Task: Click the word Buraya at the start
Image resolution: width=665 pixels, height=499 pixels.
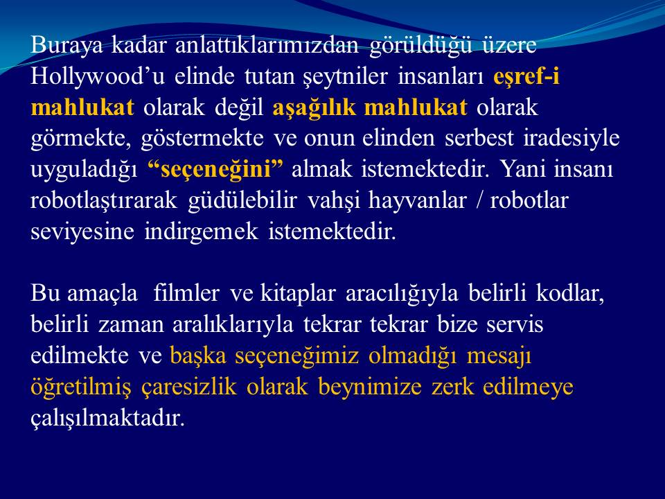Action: point(66,46)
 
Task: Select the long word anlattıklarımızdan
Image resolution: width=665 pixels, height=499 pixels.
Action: point(267,45)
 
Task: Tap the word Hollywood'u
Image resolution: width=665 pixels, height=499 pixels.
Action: point(98,77)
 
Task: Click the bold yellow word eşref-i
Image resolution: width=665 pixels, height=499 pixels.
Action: point(526,77)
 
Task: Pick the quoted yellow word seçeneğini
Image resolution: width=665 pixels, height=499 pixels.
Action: point(215,170)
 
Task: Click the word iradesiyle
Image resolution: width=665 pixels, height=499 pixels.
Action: point(571,139)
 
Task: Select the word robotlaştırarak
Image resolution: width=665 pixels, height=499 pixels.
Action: point(104,201)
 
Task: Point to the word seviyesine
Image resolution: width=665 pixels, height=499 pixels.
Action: point(82,231)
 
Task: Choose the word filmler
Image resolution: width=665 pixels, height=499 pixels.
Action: point(186,293)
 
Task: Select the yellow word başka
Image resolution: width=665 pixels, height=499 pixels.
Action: point(198,356)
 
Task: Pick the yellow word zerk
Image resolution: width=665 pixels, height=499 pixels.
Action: point(452,387)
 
